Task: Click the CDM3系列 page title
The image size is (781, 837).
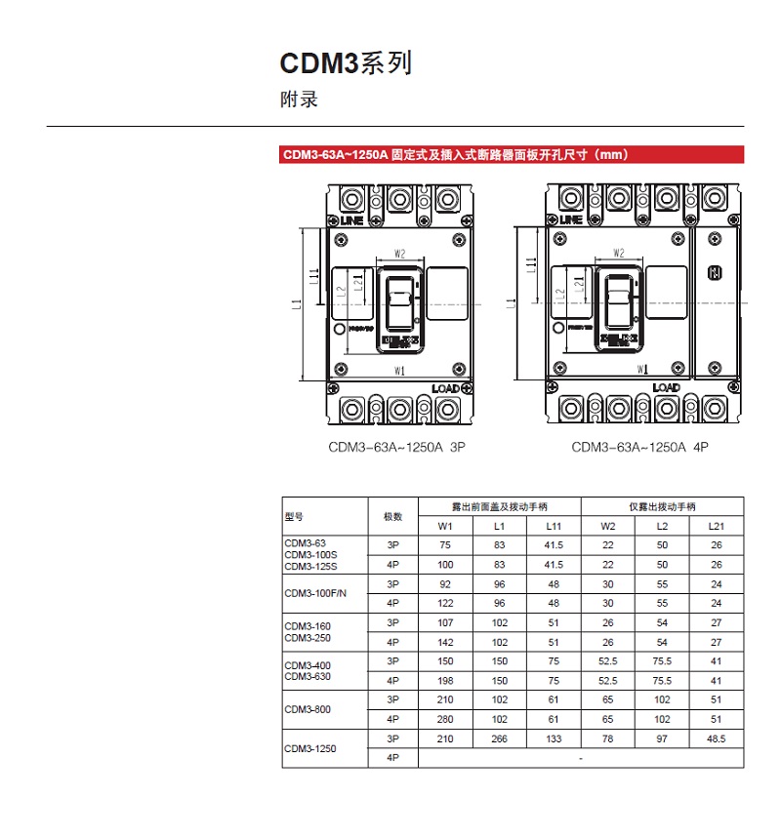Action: click(346, 63)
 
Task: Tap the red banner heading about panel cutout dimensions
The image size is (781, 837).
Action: click(454, 154)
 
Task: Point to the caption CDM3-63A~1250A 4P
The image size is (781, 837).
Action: click(639, 448)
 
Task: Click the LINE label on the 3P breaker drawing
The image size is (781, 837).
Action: click(351, 221)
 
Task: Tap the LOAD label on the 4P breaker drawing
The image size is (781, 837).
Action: click(666, 387)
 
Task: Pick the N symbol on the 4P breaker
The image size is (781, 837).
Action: click(714, 273)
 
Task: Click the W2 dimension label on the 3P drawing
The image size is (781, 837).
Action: click(399, 254)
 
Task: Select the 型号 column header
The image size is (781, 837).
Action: click(294, 516)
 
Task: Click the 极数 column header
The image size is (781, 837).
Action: click(393, 516)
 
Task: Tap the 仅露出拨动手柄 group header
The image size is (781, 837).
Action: click(662, 507)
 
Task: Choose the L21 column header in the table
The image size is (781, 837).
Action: click(717, 527)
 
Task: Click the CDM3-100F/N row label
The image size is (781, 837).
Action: click(308, 593)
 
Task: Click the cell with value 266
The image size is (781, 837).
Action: click(500, 738)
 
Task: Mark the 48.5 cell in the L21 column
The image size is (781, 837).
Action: click(717, 738)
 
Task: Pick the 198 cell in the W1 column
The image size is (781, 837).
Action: click(445, 680)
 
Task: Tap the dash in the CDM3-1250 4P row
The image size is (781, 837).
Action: click(581, 758)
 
